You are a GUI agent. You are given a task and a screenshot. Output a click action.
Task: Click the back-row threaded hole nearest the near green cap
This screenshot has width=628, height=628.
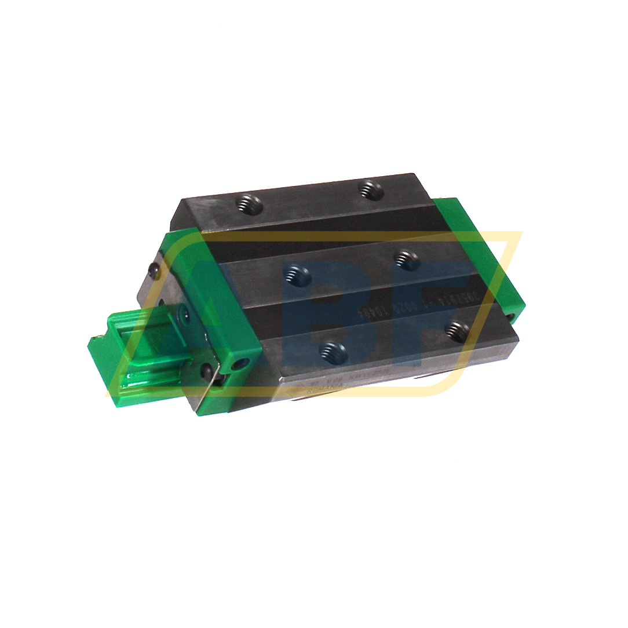pyautogui.click(x=249, y=203)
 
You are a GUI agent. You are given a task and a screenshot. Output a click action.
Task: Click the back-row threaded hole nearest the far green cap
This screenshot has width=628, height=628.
pyautogui.click(x=370, y=188)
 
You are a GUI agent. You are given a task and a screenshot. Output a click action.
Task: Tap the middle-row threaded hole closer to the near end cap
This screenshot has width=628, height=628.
pyautogui.click(x=299, y=272)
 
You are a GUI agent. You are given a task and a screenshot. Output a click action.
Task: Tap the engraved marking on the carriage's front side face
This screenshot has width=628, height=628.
pyautogui.click(x=324, y=385)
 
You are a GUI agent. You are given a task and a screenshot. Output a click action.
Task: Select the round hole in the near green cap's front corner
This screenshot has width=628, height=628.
pyautogui.click(x=239, y=364)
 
